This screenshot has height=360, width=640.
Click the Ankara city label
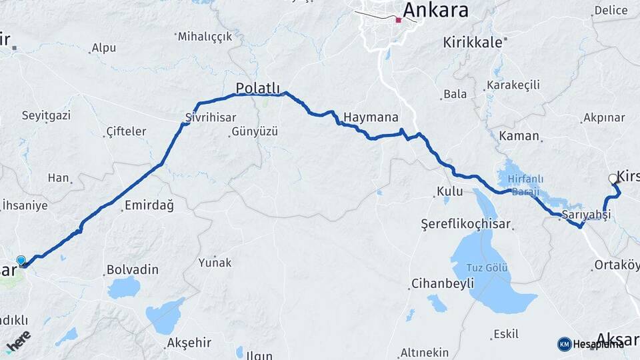(x=435, y=10)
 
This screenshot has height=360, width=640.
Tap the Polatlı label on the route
(x=259, y=89)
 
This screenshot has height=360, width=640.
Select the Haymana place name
(x=371, y=117)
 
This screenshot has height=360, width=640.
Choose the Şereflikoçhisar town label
(x=465, y=223)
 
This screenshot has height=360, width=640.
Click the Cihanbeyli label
(x=443, y=283)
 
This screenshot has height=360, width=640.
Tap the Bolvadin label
(x=133, y=270)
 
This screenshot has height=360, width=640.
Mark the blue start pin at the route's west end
(x=21, y=261)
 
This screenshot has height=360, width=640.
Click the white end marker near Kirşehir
(x=613, y=178)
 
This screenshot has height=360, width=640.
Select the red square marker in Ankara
(x=399, y=20)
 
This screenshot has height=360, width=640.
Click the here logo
(x=18, y=342)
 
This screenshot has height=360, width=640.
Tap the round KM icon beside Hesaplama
(x=564, y=344)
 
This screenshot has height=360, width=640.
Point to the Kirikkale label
(x=472, y=42)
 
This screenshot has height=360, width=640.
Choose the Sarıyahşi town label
(x=585, y=215)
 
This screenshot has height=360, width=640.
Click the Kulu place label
(x=449, y=192)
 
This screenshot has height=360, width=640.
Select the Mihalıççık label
(x=205, y=37)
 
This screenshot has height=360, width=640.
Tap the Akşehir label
(x=189, y=343)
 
